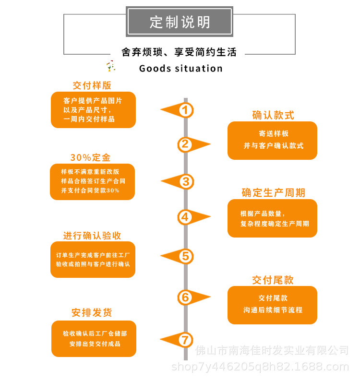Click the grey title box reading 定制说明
pyautogui.click(x=180, y=22)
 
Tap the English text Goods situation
pyautogui.click(x=181, y=69)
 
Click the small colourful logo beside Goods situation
pyautogui.click(x=111, y=66)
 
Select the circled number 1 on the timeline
pyautogui.click(x=185, y=110)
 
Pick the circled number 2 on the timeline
pyautogui.click(x=185, y=144)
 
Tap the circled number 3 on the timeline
pyautogui.click(x=186, y=181)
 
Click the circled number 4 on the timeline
pyautogui.click(x=185, y=217)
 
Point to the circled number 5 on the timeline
pyautogui.click(x=185, y=256)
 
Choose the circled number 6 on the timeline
pyautogui.click(x=185, y=297)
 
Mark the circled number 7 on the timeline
pyautogui.click(x=185, y=340)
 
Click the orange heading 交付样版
pyautogui.click(x=92, y=85)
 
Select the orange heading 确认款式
pyautogui.click(x=273, y=115)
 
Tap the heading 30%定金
pyautogui.click(x=90, y=157)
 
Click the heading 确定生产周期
pyautogui.click(x=273, y=193)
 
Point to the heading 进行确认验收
pyautogui.click(x=92, y=236)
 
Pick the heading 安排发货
pyautogui.click(x=92, y=312)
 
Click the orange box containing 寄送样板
pyautogui.click(x=272, y=141)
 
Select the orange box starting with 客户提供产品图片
pyautogui.click(x=93, y=110)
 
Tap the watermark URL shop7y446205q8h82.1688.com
pyautogui.click(x=260, y=367)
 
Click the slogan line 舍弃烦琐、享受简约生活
pyautogui.click(x=179, y=52)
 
